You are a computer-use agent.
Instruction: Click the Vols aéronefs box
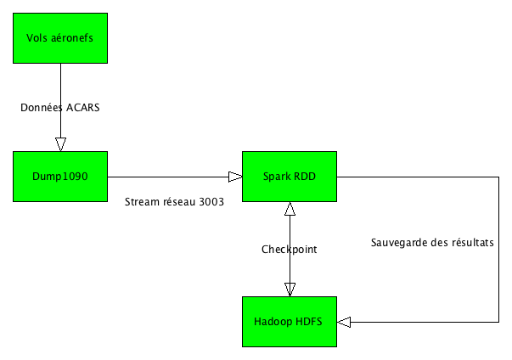click(60, 37)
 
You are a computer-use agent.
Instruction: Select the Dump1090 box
click(60, 177)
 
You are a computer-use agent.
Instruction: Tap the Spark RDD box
click(290, 177)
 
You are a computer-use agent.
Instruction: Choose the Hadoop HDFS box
click(290, 322)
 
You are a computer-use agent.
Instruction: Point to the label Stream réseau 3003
click(174, 202)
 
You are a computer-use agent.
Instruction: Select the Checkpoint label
click(289, 249)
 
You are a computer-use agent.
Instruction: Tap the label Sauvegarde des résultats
click(433, 242)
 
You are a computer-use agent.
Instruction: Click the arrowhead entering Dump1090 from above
click(60, 143)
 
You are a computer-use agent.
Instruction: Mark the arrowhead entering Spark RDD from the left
click(234, 177)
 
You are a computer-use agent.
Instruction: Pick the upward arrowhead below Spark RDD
click(290, 209)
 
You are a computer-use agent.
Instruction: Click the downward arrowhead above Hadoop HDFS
click(290, 289)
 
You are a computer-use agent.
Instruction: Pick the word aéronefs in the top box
click(73, 37)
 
